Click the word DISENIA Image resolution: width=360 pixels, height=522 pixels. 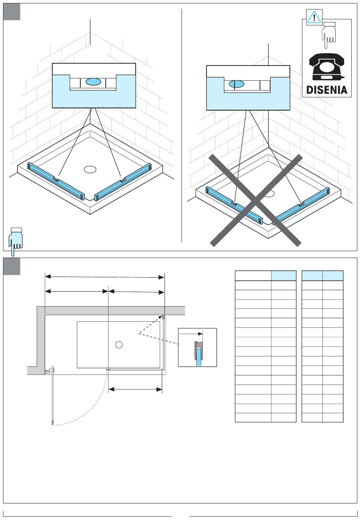coord(327,90)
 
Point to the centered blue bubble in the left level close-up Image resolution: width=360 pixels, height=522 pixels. coord(93,81)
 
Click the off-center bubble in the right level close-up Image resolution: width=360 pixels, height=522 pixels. coord(234,84)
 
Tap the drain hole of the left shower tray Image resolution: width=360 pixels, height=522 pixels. coord(90,169)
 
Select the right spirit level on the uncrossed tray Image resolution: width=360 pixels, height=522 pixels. coord(122,181)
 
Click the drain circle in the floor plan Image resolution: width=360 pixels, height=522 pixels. coord(119,345)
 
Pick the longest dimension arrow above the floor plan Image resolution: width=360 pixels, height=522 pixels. coord(105,277)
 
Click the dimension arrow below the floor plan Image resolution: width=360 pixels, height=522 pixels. coord(135,389)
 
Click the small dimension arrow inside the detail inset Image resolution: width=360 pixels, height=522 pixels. coord(191,334)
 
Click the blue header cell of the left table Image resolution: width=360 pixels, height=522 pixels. coord(283,276)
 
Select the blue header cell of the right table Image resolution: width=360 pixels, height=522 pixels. coord(333,276)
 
